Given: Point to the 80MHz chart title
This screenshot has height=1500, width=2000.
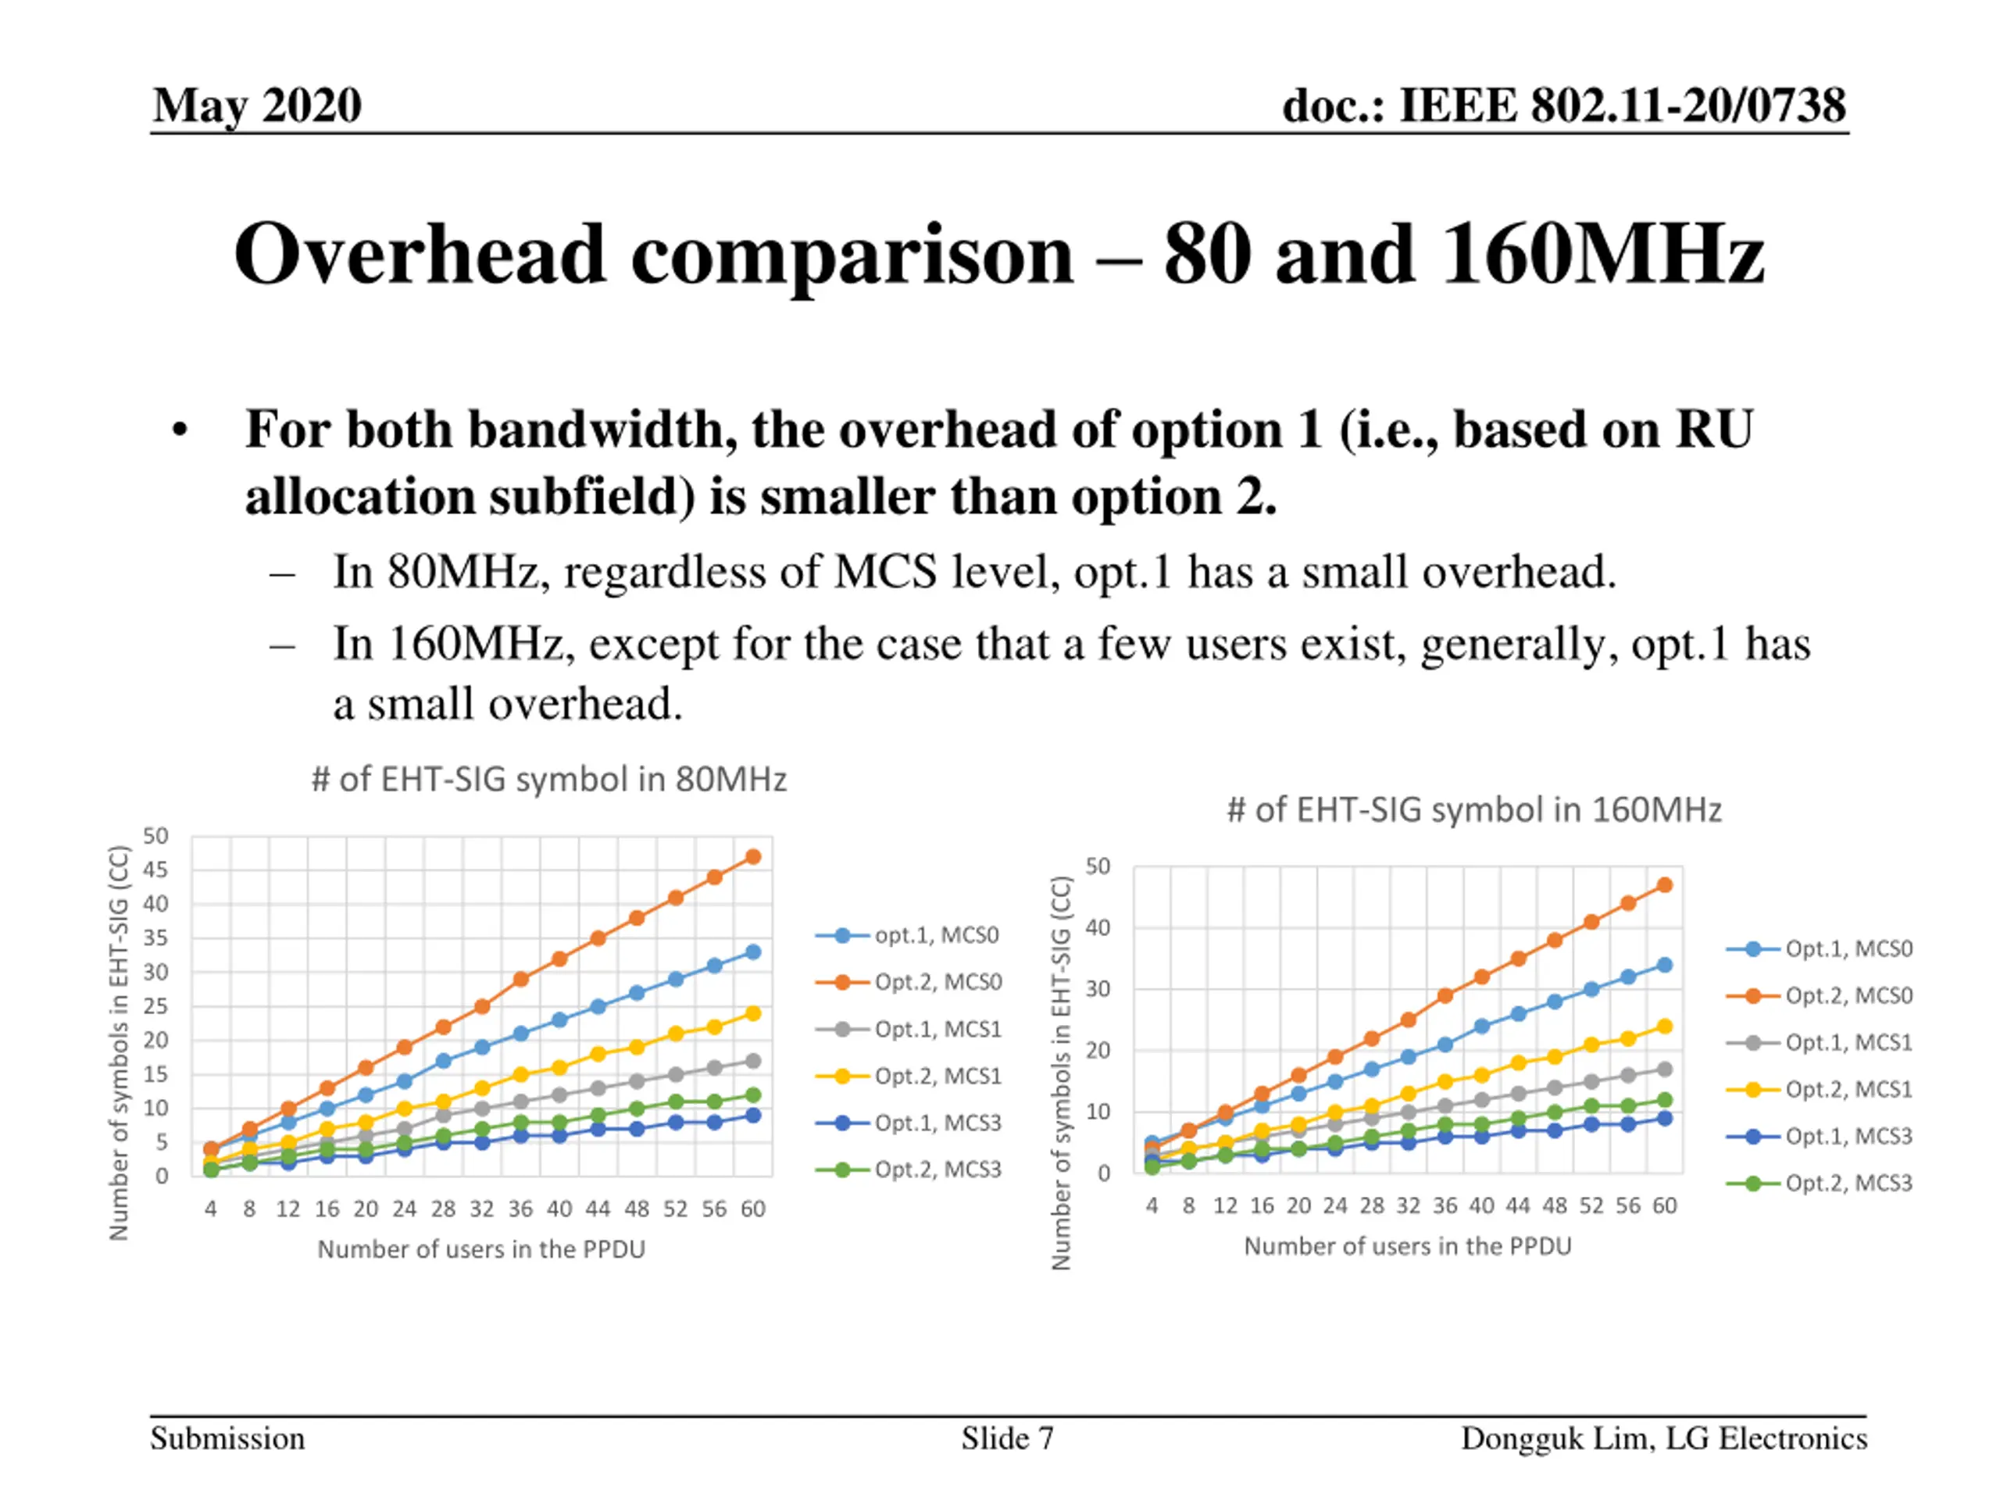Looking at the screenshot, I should (x=548, y=780).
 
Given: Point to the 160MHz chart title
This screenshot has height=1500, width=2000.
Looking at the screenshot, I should (x=1473, y=810).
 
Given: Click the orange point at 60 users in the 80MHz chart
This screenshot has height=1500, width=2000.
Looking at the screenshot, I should (x=753, y=857).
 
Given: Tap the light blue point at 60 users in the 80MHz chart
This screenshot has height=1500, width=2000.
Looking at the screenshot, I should (x=753, y=952).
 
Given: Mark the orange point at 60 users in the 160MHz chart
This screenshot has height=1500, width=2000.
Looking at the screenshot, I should (x=1665, y=885).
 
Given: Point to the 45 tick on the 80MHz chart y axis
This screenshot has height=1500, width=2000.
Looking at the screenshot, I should (x=155, y=870).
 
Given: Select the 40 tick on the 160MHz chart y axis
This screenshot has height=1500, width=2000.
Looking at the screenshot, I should (x=1097, y=927).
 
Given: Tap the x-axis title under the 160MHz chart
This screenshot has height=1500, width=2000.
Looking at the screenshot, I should (x=1408, y=1247).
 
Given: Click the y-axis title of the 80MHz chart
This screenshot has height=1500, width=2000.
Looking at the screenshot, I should (x=120, y=1041).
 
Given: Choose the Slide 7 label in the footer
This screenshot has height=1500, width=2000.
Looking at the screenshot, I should (x=1007, y=1438).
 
